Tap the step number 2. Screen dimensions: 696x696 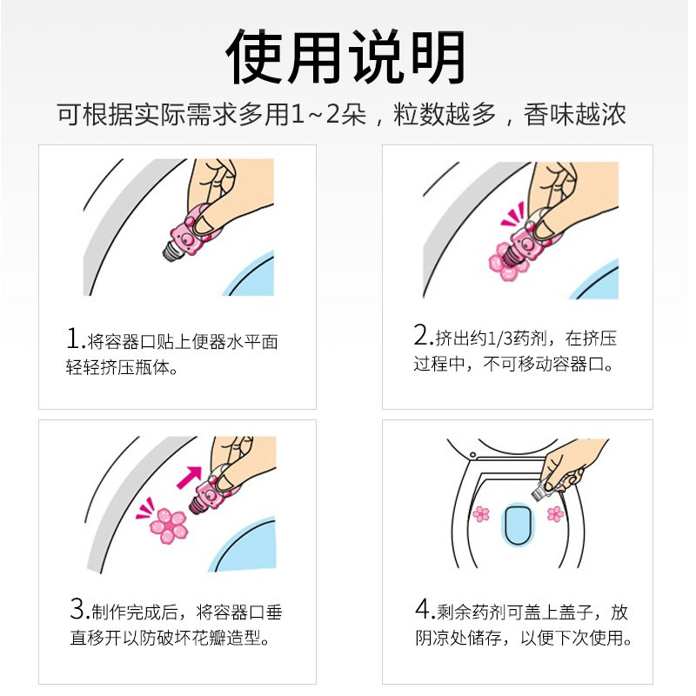[x=422, y=335]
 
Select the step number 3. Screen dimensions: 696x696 [x=77, y=609]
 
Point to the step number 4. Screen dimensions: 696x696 [x=422, y=609]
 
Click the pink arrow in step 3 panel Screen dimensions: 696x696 [x=189, y=478]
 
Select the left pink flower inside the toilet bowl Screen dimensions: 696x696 [x=480, y=514]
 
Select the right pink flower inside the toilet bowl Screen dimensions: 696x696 [x=554, y=514]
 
